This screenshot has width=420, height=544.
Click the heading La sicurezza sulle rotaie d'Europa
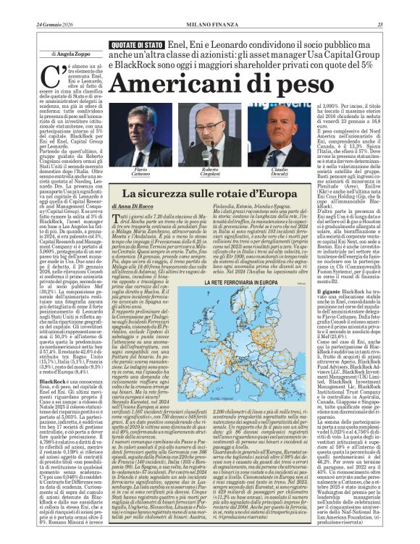210,194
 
